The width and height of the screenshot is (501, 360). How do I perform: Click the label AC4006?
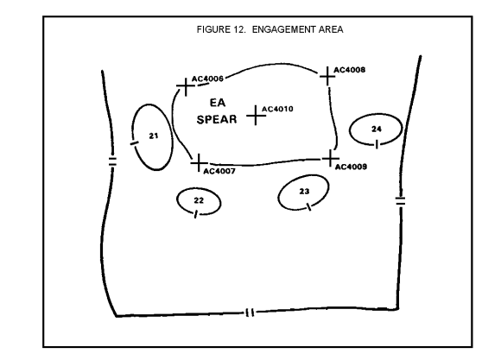[207, 79]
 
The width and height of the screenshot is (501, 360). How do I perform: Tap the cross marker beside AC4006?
[186, 86]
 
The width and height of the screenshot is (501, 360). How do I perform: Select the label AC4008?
[350, 70]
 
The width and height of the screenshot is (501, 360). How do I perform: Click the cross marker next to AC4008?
[327, 76]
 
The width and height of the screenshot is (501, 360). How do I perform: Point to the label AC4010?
[277, 109]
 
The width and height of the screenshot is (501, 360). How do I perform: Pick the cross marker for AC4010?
[256, 116]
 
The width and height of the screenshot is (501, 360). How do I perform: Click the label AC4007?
[219, 171]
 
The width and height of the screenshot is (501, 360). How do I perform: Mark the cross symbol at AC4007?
[199, 163]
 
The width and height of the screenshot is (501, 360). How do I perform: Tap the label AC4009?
[352, 167]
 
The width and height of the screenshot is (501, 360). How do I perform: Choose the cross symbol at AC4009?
[331, 159]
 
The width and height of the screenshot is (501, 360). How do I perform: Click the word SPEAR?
[217, 119]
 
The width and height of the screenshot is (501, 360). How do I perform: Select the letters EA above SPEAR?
[218, 103]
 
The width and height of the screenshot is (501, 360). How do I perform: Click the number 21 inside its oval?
[154, 136]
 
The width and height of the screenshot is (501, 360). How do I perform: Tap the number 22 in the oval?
[199, 200]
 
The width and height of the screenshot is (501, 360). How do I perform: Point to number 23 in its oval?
[305, 191]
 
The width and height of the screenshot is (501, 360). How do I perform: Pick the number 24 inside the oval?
[377, 129]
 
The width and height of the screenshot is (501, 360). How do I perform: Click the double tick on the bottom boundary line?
[250, 313]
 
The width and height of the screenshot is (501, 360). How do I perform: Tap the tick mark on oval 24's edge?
[377, 144]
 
